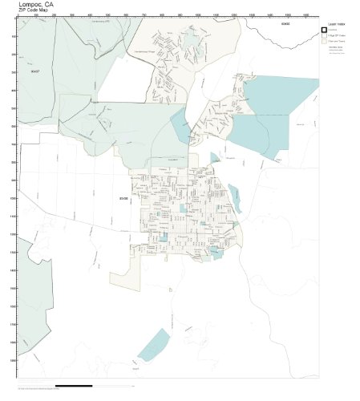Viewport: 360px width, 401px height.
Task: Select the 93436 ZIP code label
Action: (123, 197)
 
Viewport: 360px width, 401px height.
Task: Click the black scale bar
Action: (76, 387)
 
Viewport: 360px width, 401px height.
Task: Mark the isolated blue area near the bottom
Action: (153, 345)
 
